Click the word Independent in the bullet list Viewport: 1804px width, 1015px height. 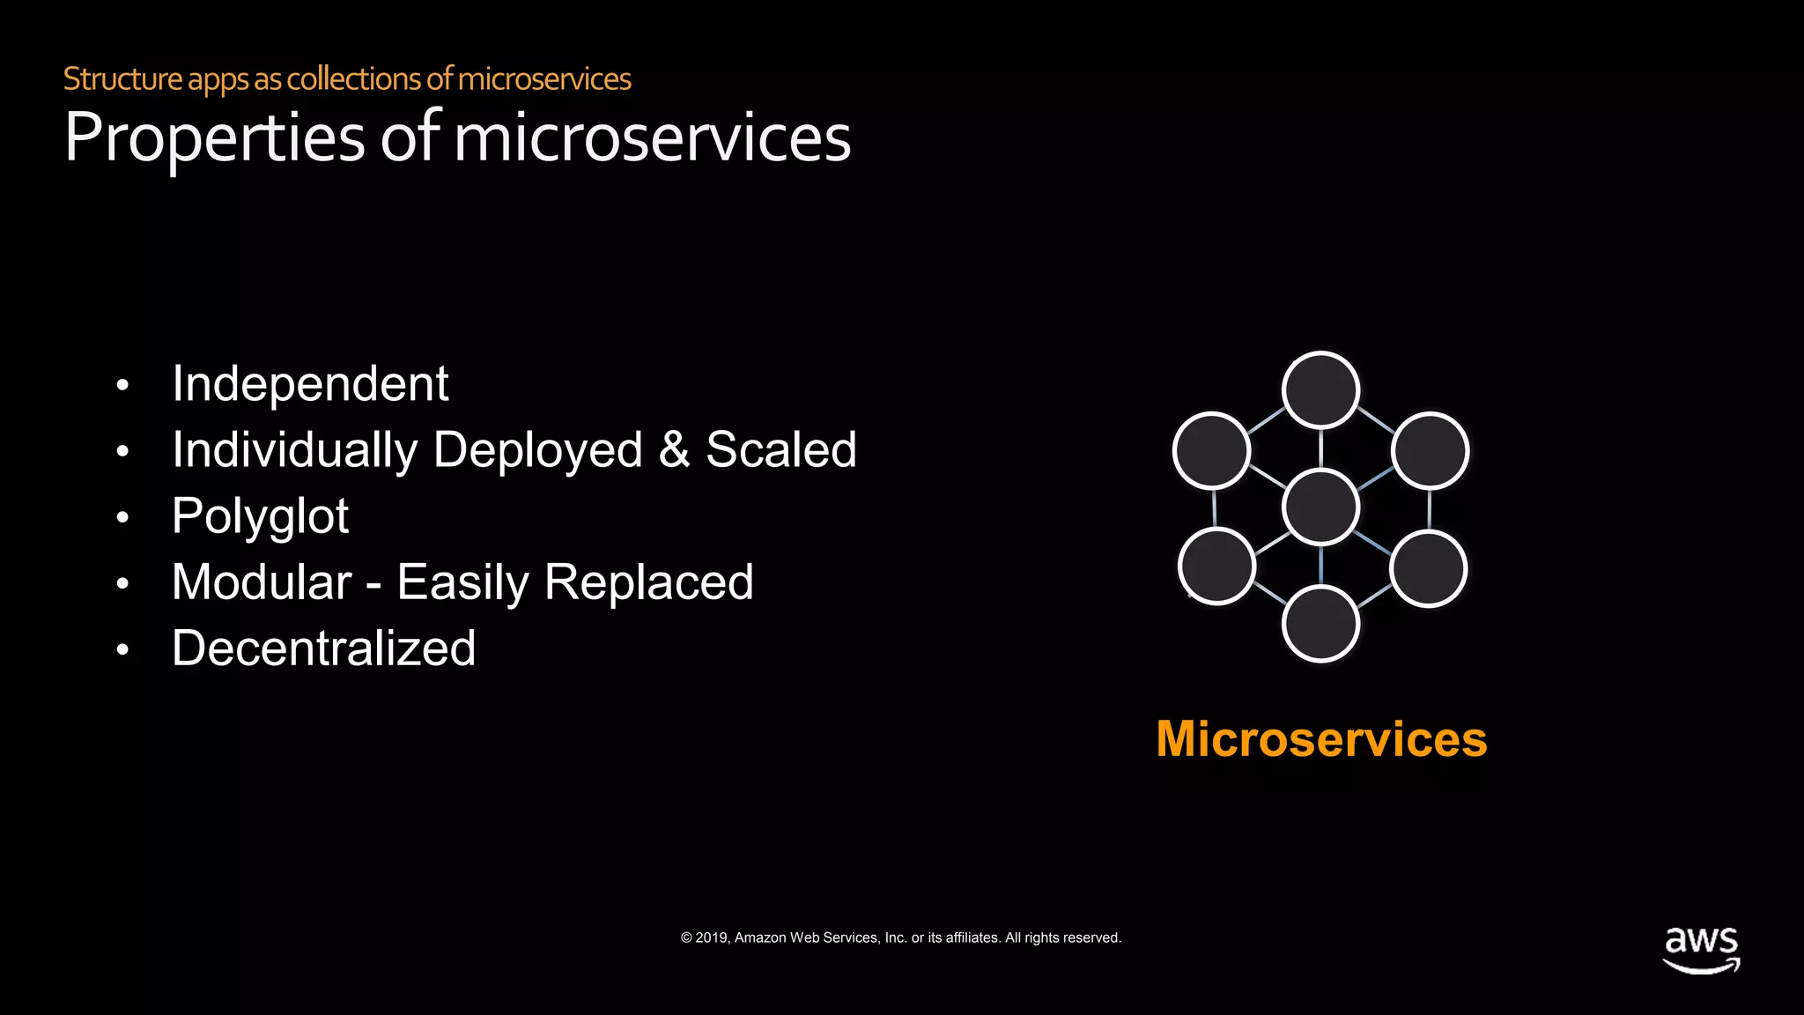(310, 384)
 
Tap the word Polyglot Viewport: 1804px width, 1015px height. (260, 516)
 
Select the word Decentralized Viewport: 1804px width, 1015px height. (323, 648)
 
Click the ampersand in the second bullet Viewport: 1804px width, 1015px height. (674, 449)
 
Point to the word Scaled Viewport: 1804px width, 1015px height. (780, 449)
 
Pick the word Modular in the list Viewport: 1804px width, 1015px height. (262, 582)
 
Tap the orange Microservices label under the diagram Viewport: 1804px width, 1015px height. (1321, 738)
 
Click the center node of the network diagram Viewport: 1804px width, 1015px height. (1320, 507)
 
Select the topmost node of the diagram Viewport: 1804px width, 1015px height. (1320, 390)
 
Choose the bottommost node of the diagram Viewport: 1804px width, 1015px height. (1320, 624)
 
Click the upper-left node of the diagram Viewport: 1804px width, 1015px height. (1212, 450)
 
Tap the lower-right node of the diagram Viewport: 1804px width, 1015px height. (1428, 568)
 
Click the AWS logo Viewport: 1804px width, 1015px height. (1701, 949)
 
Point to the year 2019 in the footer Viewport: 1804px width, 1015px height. (712, 937)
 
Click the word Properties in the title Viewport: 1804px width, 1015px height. (214, 138)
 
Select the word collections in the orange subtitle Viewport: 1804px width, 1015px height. (354, 79)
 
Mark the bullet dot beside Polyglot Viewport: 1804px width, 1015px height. (122, 517)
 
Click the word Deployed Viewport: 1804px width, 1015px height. (537, 449)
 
